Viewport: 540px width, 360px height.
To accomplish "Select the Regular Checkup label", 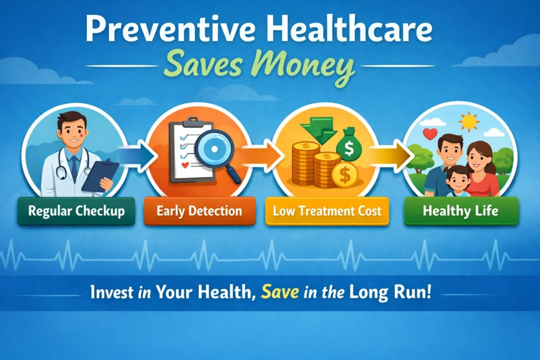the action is click(x=76, y=211).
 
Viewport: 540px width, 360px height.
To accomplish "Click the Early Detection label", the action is click(x=199, y=211).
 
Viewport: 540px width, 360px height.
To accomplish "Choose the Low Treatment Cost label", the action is click(x=327, y=211).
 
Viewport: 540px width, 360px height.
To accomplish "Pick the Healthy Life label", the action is click(x=461, y=211).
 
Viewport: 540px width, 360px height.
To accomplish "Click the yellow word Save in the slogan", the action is click(x=280, y=292).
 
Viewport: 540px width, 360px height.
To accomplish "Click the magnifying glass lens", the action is click(x=214, y=149).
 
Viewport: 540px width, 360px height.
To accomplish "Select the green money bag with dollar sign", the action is click(x=349, y=147).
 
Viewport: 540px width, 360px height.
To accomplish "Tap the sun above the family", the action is click(x=469, y=122).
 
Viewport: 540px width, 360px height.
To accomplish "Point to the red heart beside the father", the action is click(x=430, y=133).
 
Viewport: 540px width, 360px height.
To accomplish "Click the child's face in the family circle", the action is click(x=458, y=181).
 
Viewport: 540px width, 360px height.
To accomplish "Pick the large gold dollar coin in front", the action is click(x=345, y=175).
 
